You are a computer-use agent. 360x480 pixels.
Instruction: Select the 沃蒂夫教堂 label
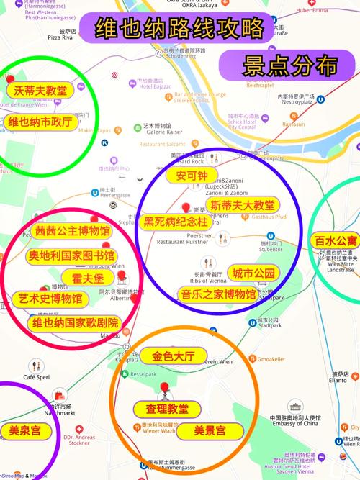click(x=40, y=91)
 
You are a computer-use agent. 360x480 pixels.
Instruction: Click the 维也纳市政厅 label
click(x=40, y=122)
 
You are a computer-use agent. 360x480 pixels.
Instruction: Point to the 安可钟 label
click(x=191, y=176)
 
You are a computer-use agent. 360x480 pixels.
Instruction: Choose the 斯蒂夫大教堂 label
click(x=242, y=205)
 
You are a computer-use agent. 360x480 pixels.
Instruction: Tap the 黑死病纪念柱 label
click(x=176, y=222)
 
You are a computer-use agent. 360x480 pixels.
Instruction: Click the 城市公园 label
click(x=253, y=273)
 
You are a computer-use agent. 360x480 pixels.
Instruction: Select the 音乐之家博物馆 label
click(x=217, y=294)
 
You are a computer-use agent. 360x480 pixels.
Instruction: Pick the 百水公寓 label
click(x=336, y=240)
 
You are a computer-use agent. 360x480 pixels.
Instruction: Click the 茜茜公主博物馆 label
click(x=73, y=232)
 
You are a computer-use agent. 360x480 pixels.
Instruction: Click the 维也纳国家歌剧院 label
click(x=75, y=322)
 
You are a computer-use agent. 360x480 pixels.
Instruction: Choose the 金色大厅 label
click(x=179, y=356)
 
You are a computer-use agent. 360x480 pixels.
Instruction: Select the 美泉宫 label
click(x=24, y=431)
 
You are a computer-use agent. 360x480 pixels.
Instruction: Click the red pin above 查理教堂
click(x=166, y=389)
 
